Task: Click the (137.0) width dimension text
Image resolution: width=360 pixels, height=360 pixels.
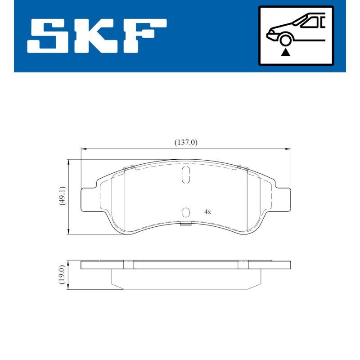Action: point(186,142)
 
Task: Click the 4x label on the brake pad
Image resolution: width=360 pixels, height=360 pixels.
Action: point(207,211)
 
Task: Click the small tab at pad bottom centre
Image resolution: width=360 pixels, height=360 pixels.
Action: point(185,224)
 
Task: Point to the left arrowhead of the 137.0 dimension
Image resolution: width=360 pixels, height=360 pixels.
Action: point(83,148)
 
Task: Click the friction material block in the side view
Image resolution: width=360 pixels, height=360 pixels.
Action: point(185,279)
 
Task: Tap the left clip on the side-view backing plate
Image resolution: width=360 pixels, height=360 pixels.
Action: point(128,264)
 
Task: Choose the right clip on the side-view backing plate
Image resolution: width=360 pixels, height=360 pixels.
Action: point(243,264)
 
